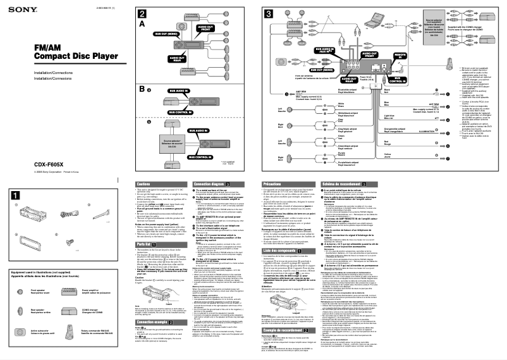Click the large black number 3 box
[269, 13]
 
